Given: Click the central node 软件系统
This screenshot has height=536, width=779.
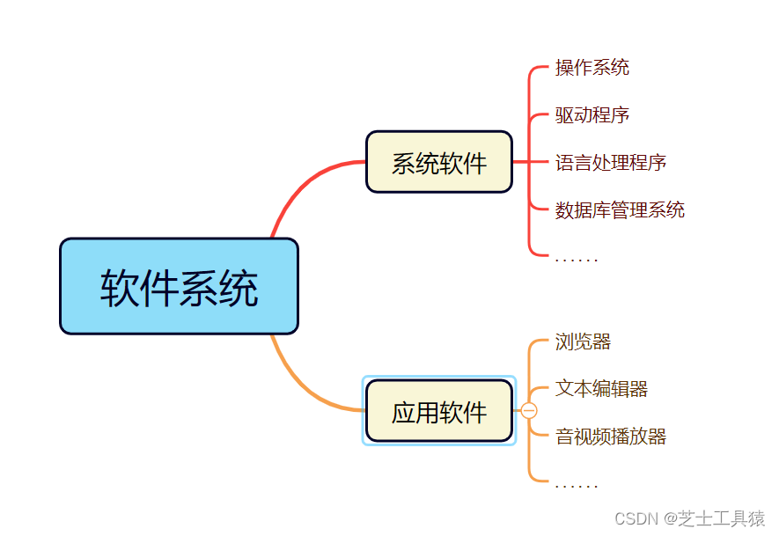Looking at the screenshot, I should [179, 286].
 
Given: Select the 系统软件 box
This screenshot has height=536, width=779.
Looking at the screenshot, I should [438, 162].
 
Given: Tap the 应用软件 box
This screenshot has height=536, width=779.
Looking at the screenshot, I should [438, 411].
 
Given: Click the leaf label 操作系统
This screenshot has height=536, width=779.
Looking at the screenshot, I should [592, 68].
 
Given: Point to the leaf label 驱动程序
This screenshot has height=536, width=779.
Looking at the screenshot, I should [592, 115].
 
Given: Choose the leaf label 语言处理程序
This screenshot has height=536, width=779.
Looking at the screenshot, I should [610, 163].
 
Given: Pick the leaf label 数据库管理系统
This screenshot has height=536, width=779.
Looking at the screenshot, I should [620, 210].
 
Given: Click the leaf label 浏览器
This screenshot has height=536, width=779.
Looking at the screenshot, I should [583, 342].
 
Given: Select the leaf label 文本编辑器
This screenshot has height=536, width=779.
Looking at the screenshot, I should [601, 389].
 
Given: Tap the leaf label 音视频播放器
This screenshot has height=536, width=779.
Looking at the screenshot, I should [610, 437].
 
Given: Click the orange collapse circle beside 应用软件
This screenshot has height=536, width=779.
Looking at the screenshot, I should [529, 411].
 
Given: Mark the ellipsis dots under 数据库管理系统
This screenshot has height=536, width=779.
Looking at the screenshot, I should [577, 260].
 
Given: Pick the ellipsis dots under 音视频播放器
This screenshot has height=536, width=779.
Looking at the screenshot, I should [577, 486].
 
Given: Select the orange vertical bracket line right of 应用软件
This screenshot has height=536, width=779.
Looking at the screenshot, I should [529, 458].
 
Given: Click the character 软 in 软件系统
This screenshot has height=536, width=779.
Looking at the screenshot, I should [120, 288].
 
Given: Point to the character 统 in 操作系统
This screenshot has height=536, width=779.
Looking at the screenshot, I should [620, 68].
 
